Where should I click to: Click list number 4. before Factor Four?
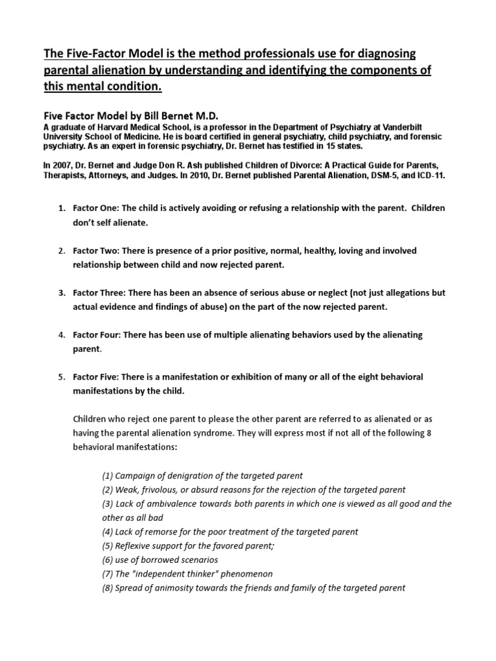click(x=62, y=334)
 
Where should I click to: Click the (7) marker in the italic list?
click(x=108, y=574)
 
